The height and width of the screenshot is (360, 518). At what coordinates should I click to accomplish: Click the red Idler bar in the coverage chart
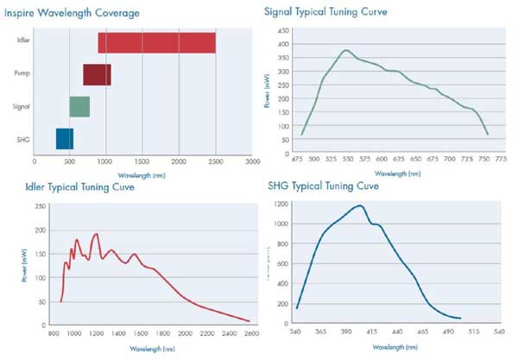[156, 42]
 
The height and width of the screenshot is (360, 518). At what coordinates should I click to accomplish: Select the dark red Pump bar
[97, 75]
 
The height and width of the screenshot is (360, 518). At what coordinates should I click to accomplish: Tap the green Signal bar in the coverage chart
[79, 107]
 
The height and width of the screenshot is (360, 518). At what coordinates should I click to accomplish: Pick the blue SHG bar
[65, 139]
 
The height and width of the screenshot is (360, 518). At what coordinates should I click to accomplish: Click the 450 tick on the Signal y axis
[283, 30]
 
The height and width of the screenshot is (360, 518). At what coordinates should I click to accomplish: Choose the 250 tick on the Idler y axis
[38, 207]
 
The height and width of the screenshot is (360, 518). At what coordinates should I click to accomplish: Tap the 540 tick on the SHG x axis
[497, 332]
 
